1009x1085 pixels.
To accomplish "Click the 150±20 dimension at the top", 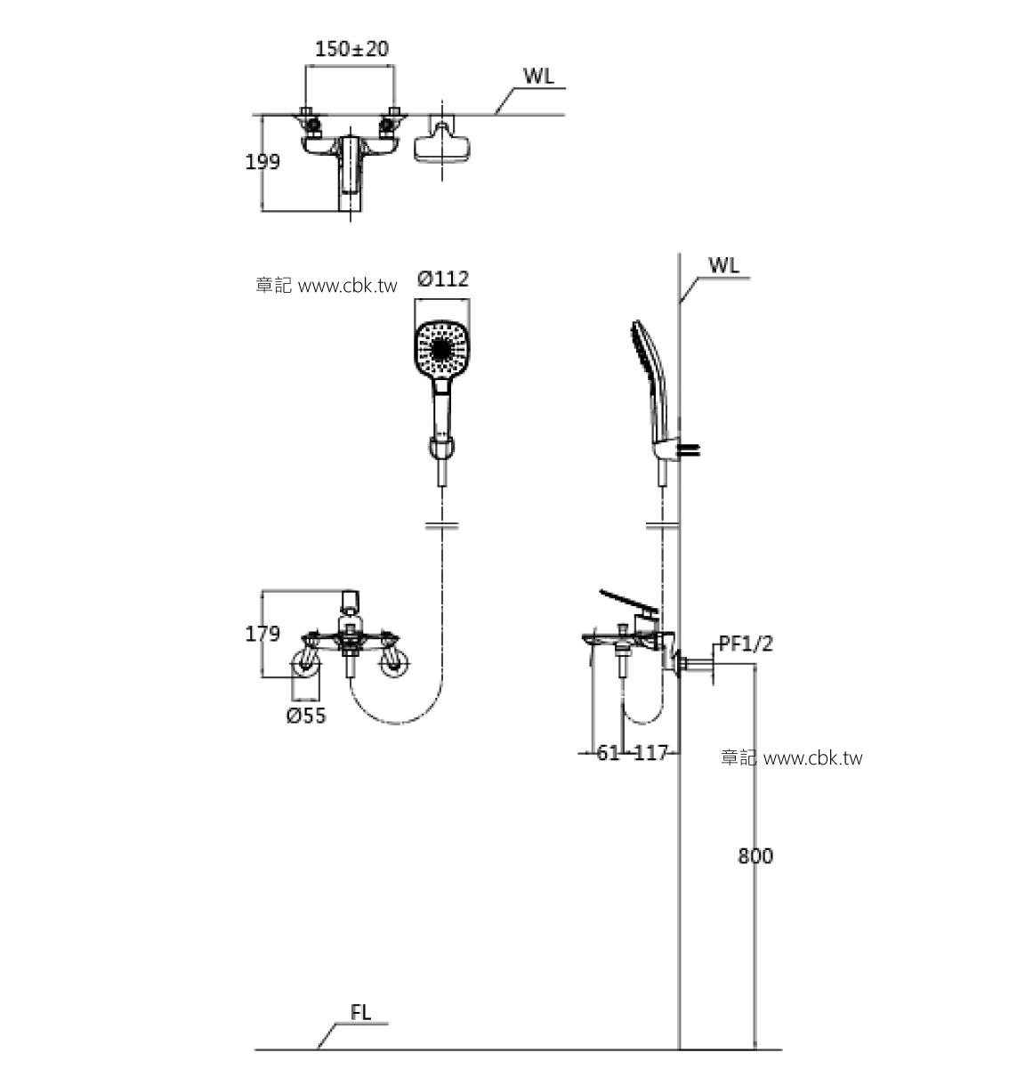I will [351, 48].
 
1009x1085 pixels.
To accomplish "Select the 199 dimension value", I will [262, 162].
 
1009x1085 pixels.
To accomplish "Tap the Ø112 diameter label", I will [442, 279].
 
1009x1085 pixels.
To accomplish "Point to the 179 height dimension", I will [262, 634].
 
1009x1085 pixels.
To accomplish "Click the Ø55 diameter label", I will [306, 716].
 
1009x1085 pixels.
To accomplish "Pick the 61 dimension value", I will [608, 753].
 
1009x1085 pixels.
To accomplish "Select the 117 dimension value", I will [651, 753].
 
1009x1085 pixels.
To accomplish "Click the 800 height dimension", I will [755, 856].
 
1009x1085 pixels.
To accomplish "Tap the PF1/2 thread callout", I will [746, 644].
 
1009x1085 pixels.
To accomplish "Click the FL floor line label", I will [360, 1013].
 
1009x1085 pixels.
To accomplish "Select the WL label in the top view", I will [537, 77].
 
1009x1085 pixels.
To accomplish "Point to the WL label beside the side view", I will [723, 266].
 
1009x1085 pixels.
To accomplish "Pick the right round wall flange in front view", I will [391, 663].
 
